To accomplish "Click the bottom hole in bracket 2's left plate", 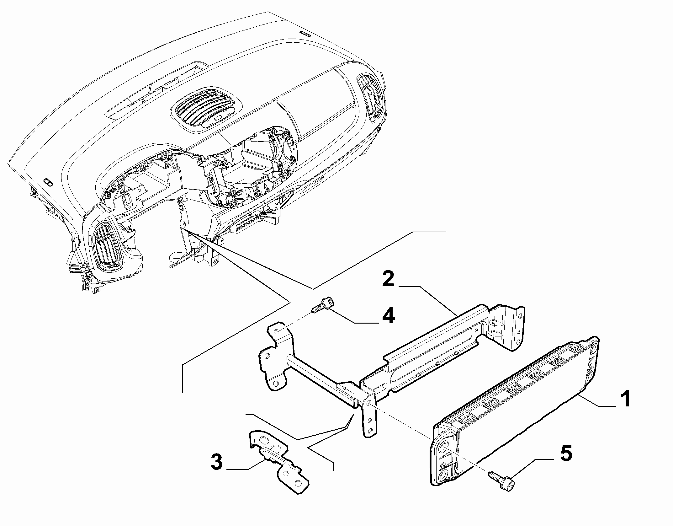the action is pos(276,383).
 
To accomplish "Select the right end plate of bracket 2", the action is pos(505,326).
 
